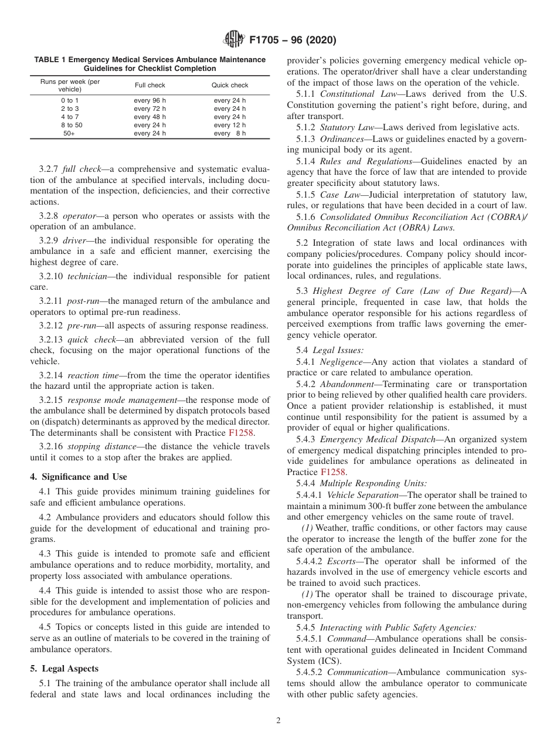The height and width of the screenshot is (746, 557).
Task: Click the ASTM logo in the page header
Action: click(x=235, y=40)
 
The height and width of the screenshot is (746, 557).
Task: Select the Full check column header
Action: click(x=150, y=86)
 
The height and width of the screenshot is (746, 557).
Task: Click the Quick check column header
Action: click(x=230, y=86)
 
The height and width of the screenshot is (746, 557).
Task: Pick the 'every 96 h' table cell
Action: click(x=150, y=101)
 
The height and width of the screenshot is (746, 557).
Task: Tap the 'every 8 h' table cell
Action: click(x=230, y=133)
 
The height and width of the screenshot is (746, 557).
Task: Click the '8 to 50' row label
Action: click(x=70, y=125)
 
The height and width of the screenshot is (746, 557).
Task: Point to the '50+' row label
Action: click(x=70, y=133)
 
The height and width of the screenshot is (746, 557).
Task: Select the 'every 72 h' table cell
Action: click(x=150, y=109)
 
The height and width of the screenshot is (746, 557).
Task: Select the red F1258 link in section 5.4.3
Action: click(x=334, y=472)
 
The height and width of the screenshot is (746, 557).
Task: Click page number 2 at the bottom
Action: click(x=278, y=721)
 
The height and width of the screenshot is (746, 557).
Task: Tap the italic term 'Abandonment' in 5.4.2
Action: click(x=346, y=384)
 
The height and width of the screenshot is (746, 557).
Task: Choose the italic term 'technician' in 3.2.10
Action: click(x=87, y=276)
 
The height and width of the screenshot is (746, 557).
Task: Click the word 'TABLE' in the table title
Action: click(x=46, y=60)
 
